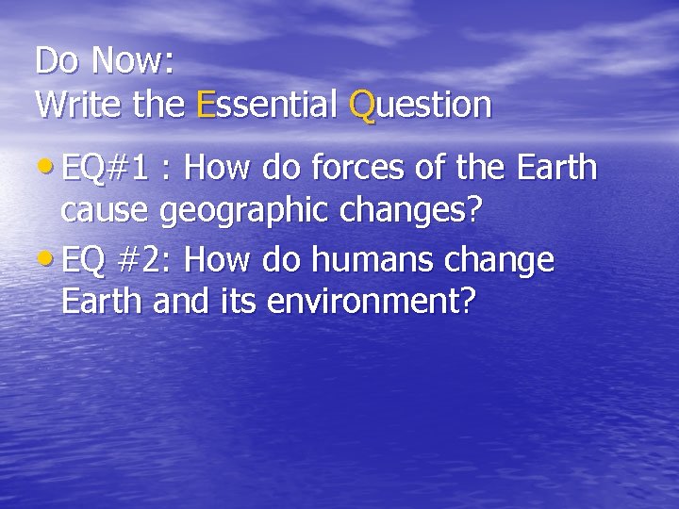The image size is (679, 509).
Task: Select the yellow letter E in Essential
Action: (207, 105)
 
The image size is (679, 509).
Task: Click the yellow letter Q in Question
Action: (363, 105)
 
